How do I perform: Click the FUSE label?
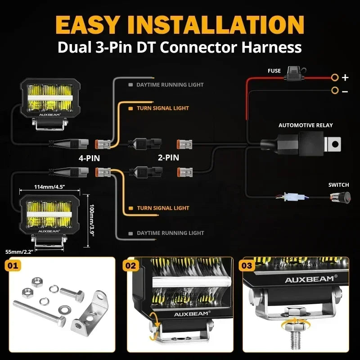(274, 71)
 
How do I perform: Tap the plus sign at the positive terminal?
(345, 77)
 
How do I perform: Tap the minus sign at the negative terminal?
(345, 91)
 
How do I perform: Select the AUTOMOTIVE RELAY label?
(306, 125)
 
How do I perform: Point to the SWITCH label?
(338, 184)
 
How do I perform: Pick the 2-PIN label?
(168, 157)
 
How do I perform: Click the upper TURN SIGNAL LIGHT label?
(163, 108)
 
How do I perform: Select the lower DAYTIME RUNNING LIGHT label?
(170, 233)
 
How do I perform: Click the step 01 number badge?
(13, 266)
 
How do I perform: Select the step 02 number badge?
(130, 266)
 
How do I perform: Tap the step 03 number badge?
(247, 266)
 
